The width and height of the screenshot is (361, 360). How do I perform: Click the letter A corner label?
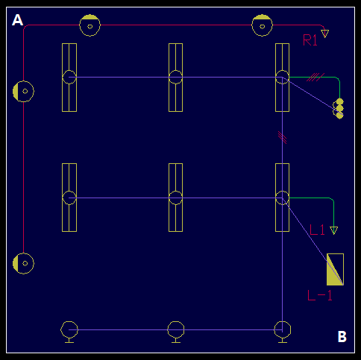click(17, 20)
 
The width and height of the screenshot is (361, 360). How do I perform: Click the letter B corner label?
click(342, 337)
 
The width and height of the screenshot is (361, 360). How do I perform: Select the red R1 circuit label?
click(310, 40)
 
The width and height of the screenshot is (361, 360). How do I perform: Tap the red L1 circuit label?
click(317, 230)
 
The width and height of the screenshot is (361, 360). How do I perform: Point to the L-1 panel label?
click(320, 295)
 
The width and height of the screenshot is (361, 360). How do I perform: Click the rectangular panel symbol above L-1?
click(335, 269)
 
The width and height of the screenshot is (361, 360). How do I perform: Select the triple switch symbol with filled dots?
click(339, 109)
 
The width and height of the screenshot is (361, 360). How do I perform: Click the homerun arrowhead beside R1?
click(324, 34)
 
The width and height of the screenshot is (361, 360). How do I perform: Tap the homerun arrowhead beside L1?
click(333, 230)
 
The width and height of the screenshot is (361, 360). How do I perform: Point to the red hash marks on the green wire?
click(316, 77)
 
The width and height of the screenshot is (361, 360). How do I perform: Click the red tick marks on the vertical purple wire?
click(282, 137)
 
